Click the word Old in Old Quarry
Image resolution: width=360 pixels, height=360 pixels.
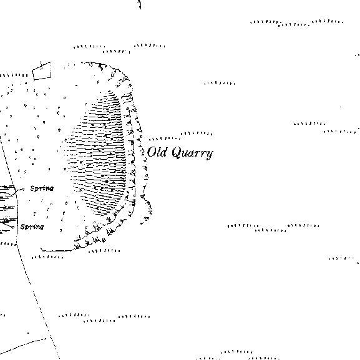pos(157,152)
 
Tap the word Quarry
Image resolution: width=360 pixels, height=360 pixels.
pos(192,153)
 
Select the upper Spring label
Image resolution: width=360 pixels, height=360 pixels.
pos(42,188)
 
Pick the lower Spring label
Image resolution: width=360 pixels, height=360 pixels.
pos(32,227)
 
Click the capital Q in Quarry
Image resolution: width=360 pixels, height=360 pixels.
pos(177,152)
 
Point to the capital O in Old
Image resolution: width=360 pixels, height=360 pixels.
pos(152,152)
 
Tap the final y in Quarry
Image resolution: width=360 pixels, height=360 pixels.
pos(210,155)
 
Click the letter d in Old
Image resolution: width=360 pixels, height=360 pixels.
pos(163,152)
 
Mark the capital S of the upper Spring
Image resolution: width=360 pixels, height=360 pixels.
pos(33,188)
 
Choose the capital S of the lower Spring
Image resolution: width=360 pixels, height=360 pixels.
pos(23,226)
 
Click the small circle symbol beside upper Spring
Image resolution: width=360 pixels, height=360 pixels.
pos(23,189)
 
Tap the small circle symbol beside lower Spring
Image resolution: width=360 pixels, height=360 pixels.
pos(13,227)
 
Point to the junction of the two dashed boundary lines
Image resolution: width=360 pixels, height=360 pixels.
pos(51,338)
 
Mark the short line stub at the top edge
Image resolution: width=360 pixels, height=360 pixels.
pos(140,4)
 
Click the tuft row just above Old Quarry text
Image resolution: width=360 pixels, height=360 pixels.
pos(164,139)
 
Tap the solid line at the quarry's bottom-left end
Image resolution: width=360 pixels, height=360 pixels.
pos(56,250)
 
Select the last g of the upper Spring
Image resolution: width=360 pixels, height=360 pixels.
pos(51,189)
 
